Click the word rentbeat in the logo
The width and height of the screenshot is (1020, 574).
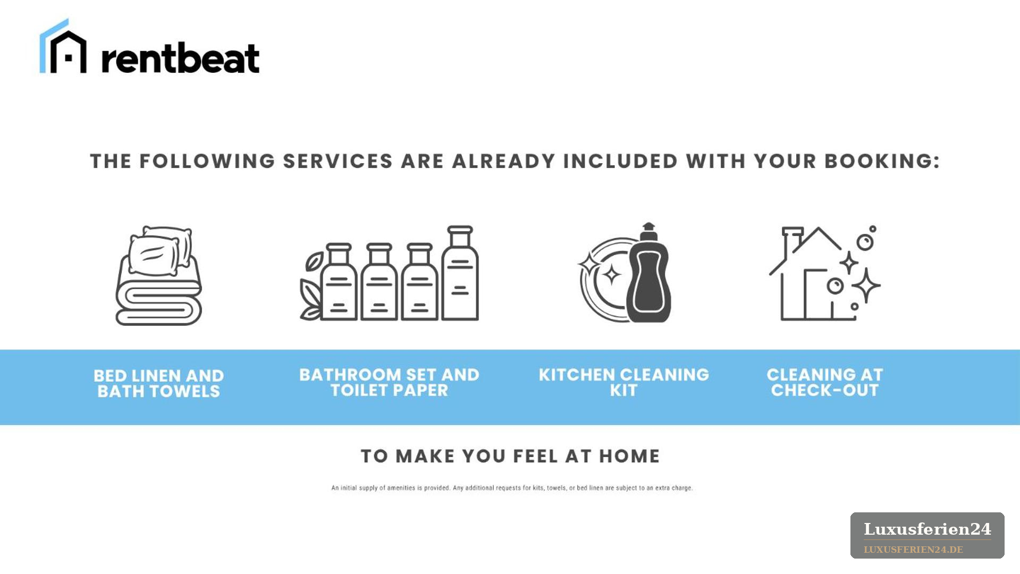click(180, 57)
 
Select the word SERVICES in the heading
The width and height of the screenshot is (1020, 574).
click(338, 161)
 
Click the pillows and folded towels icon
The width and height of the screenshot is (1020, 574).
click(158, 275)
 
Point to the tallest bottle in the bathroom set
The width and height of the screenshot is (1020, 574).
click(460, 273)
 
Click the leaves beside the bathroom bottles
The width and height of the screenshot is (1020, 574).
click(311, 286)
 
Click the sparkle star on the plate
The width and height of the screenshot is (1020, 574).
click(611, 275)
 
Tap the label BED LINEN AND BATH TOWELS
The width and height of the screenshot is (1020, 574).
click(159, 383)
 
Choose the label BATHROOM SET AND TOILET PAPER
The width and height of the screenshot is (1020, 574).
click(389, 382)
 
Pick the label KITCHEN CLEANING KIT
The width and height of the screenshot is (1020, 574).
click(623, 382)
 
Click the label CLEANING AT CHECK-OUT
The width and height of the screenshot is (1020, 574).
click(825, 382)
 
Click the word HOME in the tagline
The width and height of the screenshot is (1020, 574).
click(629, 456)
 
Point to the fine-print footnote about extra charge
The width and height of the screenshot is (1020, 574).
click(512, 488)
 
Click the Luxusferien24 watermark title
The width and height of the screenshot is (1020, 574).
click(928, 529)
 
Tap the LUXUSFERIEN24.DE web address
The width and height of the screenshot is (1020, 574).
click(914, 550)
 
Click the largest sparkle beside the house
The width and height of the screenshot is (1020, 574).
click(866, 285)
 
